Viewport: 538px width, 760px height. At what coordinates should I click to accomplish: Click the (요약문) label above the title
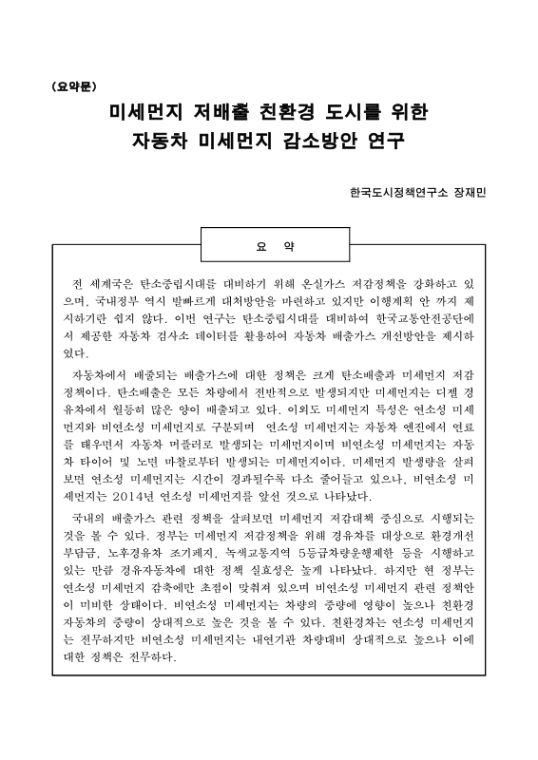74,85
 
